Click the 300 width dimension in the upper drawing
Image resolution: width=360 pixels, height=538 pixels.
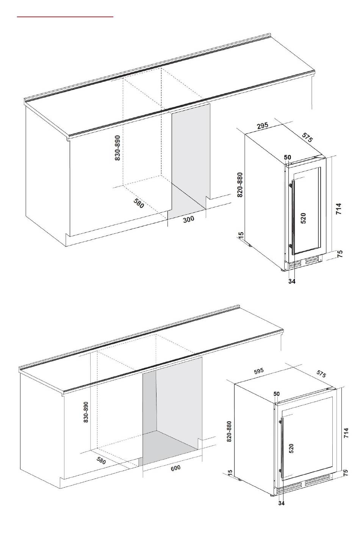click(188, 219)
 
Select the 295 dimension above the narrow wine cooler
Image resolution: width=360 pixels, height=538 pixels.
click(263, 126)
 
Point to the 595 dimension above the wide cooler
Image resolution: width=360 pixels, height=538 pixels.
click(259, 371)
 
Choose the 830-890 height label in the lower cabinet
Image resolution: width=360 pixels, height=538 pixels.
click(86, 412)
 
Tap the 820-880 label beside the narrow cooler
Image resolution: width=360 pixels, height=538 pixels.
click(239, 185)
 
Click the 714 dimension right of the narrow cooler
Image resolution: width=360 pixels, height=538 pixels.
click(338, 209)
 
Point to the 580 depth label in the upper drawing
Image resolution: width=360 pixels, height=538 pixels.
click(139, 203)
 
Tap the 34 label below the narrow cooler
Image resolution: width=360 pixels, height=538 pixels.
click(292, 281)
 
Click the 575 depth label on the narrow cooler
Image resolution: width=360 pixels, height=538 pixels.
click(307, 138)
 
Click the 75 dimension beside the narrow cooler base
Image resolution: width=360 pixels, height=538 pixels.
click(340, 254)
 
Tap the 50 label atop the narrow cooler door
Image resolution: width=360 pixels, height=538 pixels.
click(288, 157)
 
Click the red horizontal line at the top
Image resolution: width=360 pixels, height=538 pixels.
click(65, 17)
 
